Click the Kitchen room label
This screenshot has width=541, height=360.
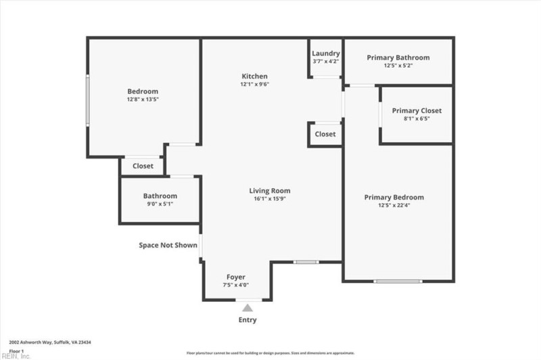(x=255, y=76)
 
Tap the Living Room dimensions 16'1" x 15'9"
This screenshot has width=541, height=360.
(x=269, y=199)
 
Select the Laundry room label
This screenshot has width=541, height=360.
(x=325, y=53)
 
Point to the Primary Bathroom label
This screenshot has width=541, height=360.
(x=398, y=58)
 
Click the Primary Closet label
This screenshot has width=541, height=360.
(x=417, y=110)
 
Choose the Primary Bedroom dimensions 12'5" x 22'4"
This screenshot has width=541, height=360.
(x=394, y=205)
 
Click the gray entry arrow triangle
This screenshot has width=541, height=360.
(x=248, y=308)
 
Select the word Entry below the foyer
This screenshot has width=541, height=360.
(x=248, y=320)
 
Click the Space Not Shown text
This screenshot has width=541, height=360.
(x=168, y=245)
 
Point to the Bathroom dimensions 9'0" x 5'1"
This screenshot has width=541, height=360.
(x=160, y=204)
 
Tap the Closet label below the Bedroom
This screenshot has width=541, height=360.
(x=143, y=166)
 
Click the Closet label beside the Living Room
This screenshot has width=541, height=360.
(x=325, y=134)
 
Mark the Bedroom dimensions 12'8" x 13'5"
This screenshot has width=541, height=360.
(x=143, y=99)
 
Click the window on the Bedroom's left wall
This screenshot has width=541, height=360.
(x=87, y=99)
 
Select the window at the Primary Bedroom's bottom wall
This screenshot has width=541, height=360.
(x=398, y=281)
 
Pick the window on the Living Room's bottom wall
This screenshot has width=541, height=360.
(x=306, y=261)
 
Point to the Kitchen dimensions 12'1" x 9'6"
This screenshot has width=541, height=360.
(x=255, y=85)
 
